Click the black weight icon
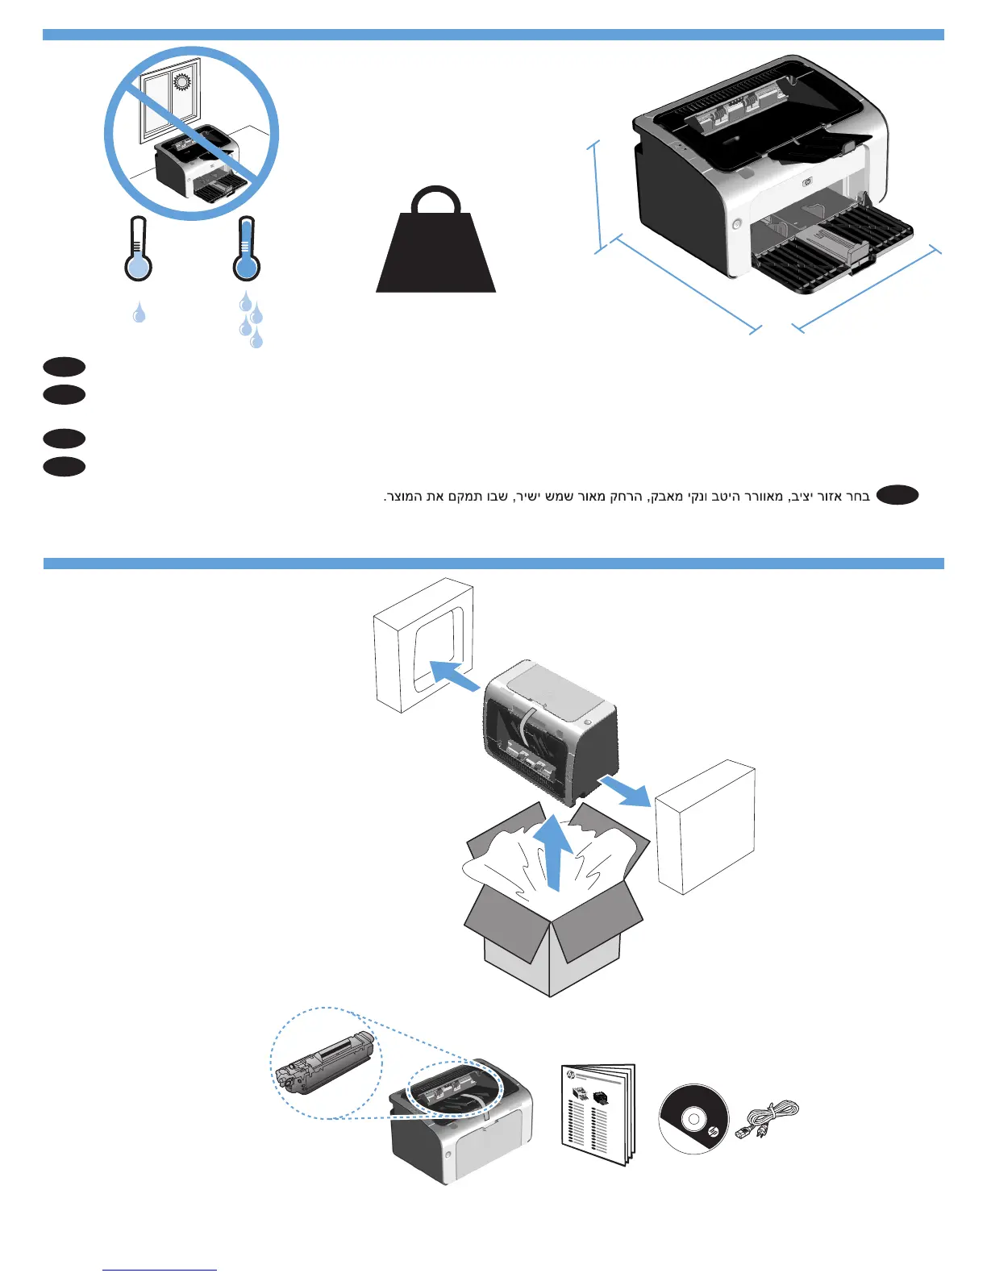point(435,246)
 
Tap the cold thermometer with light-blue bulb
point(139,251)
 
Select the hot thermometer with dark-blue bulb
point(247,251)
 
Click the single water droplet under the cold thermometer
point(140,313)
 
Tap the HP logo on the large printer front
point(809,182)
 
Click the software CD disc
point(693,1119)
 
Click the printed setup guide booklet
point(598,1115)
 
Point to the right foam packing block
point(706,826)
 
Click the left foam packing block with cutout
point(423,645)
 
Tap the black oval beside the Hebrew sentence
point(897,496)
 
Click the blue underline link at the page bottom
point(160,1270)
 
